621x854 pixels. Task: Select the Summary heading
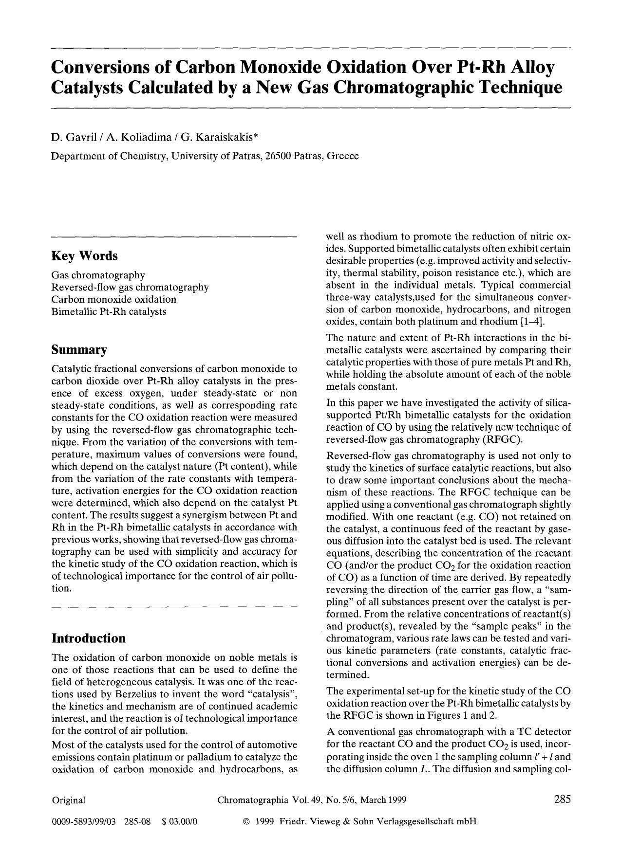[x=79, y=350]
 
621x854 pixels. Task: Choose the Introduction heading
[x=88, y=638]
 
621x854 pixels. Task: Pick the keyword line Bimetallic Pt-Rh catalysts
[x=109, y=311]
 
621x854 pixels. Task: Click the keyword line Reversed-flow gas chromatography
[x=130, y=287]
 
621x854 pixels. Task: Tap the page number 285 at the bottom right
[x=562, y=799]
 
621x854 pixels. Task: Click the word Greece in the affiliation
[x=343, y=156]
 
